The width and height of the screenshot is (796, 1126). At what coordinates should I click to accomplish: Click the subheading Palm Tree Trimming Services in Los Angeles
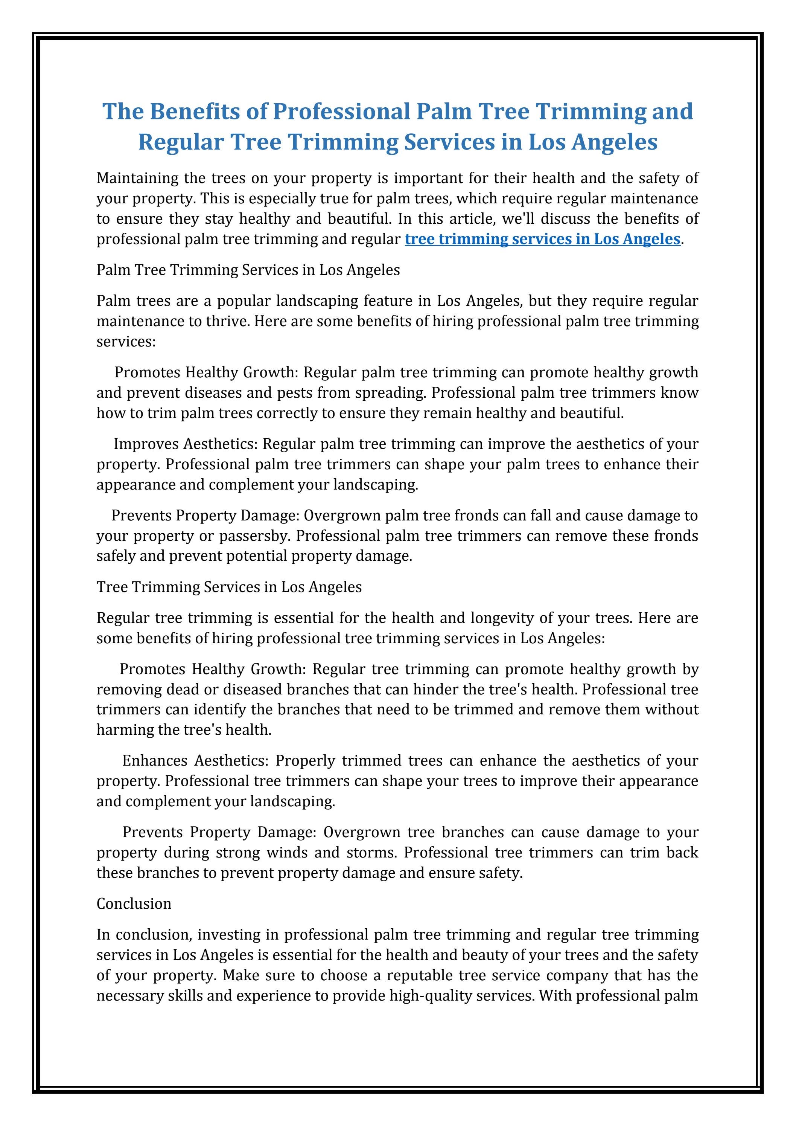(248, 270)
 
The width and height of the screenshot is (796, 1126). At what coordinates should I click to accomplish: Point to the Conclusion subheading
(134, 903)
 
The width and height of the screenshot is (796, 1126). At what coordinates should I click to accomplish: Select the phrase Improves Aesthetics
(186, 444)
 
